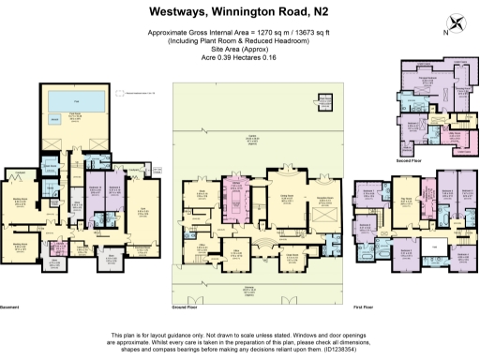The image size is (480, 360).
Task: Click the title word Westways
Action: tap(181, 13)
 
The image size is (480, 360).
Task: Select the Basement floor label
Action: tap(11, 307)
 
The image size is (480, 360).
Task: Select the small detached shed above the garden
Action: tap(326, 99)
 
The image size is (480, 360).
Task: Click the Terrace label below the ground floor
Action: tap(247, 289)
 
